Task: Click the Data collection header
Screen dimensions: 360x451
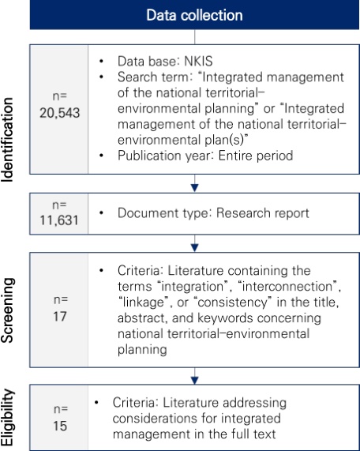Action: pyautogui.click(x=194, y=15)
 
